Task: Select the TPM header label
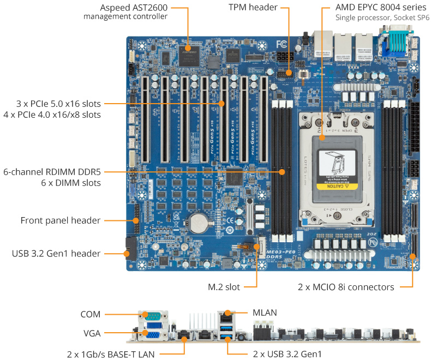(x=253, y=8)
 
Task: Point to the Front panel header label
(x=61, y=220)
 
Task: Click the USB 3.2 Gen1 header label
(x=56, y=254)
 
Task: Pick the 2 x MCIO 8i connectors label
(x=346, y=286)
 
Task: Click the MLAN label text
(x=265, y=313)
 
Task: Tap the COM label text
(x=90, y=314)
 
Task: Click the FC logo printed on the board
(x=282, y=44)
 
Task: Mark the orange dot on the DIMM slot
(x=282, y=172)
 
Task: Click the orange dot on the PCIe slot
(x=222, y=103)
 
